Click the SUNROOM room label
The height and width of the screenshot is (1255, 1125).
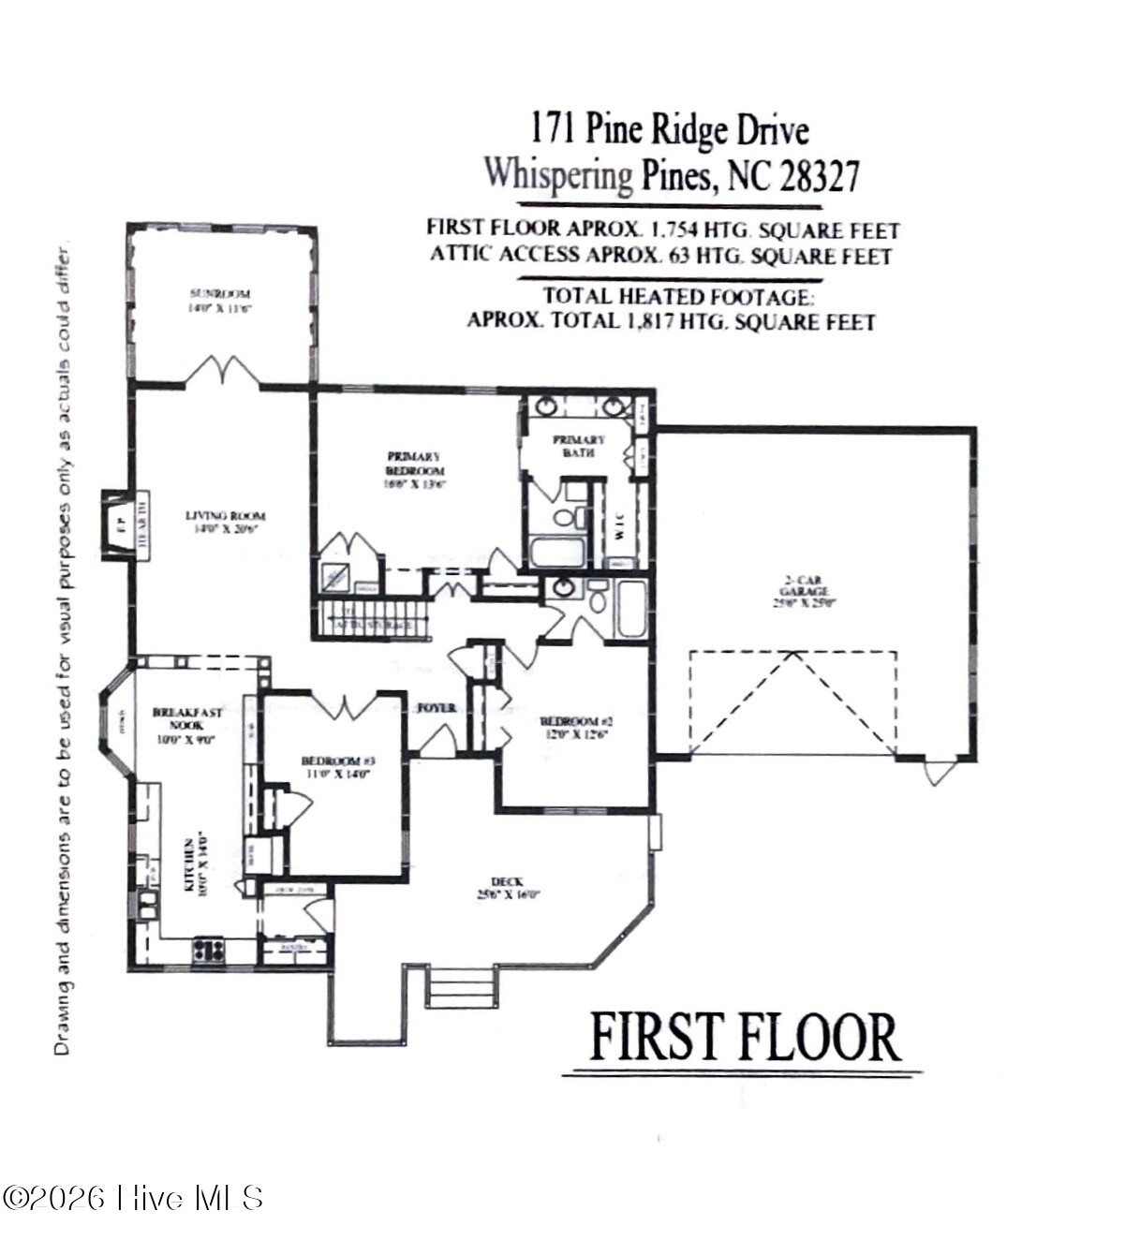click(220, 300)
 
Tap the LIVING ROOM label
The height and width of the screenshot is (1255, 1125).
click(225, 521)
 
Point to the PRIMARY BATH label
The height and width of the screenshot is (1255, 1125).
click(579, 446)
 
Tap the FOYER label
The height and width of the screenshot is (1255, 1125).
click(437, 707)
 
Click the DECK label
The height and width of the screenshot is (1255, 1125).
click(507, 887)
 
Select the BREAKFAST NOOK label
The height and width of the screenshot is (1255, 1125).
click(187, 724)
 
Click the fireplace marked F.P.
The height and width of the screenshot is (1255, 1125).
click(120, 524)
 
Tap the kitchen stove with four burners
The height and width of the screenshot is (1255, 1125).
click(210, 951)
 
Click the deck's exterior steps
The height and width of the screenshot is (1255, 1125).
click(461, 988)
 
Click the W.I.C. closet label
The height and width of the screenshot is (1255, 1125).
click(620, 530)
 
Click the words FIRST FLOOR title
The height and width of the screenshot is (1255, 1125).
click(744, 1038)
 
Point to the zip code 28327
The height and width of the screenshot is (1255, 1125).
click(818, 175)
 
